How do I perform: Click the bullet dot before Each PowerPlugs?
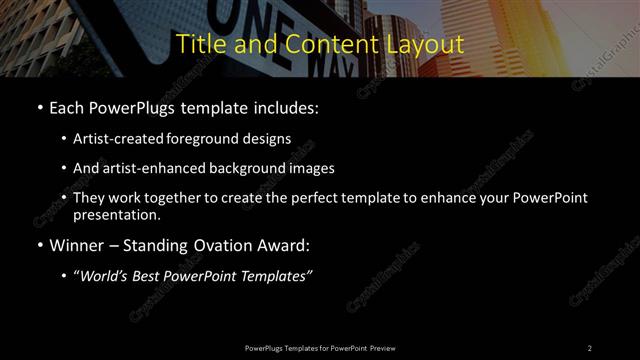coord(39,108)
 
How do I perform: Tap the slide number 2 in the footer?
coord(589,347)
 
